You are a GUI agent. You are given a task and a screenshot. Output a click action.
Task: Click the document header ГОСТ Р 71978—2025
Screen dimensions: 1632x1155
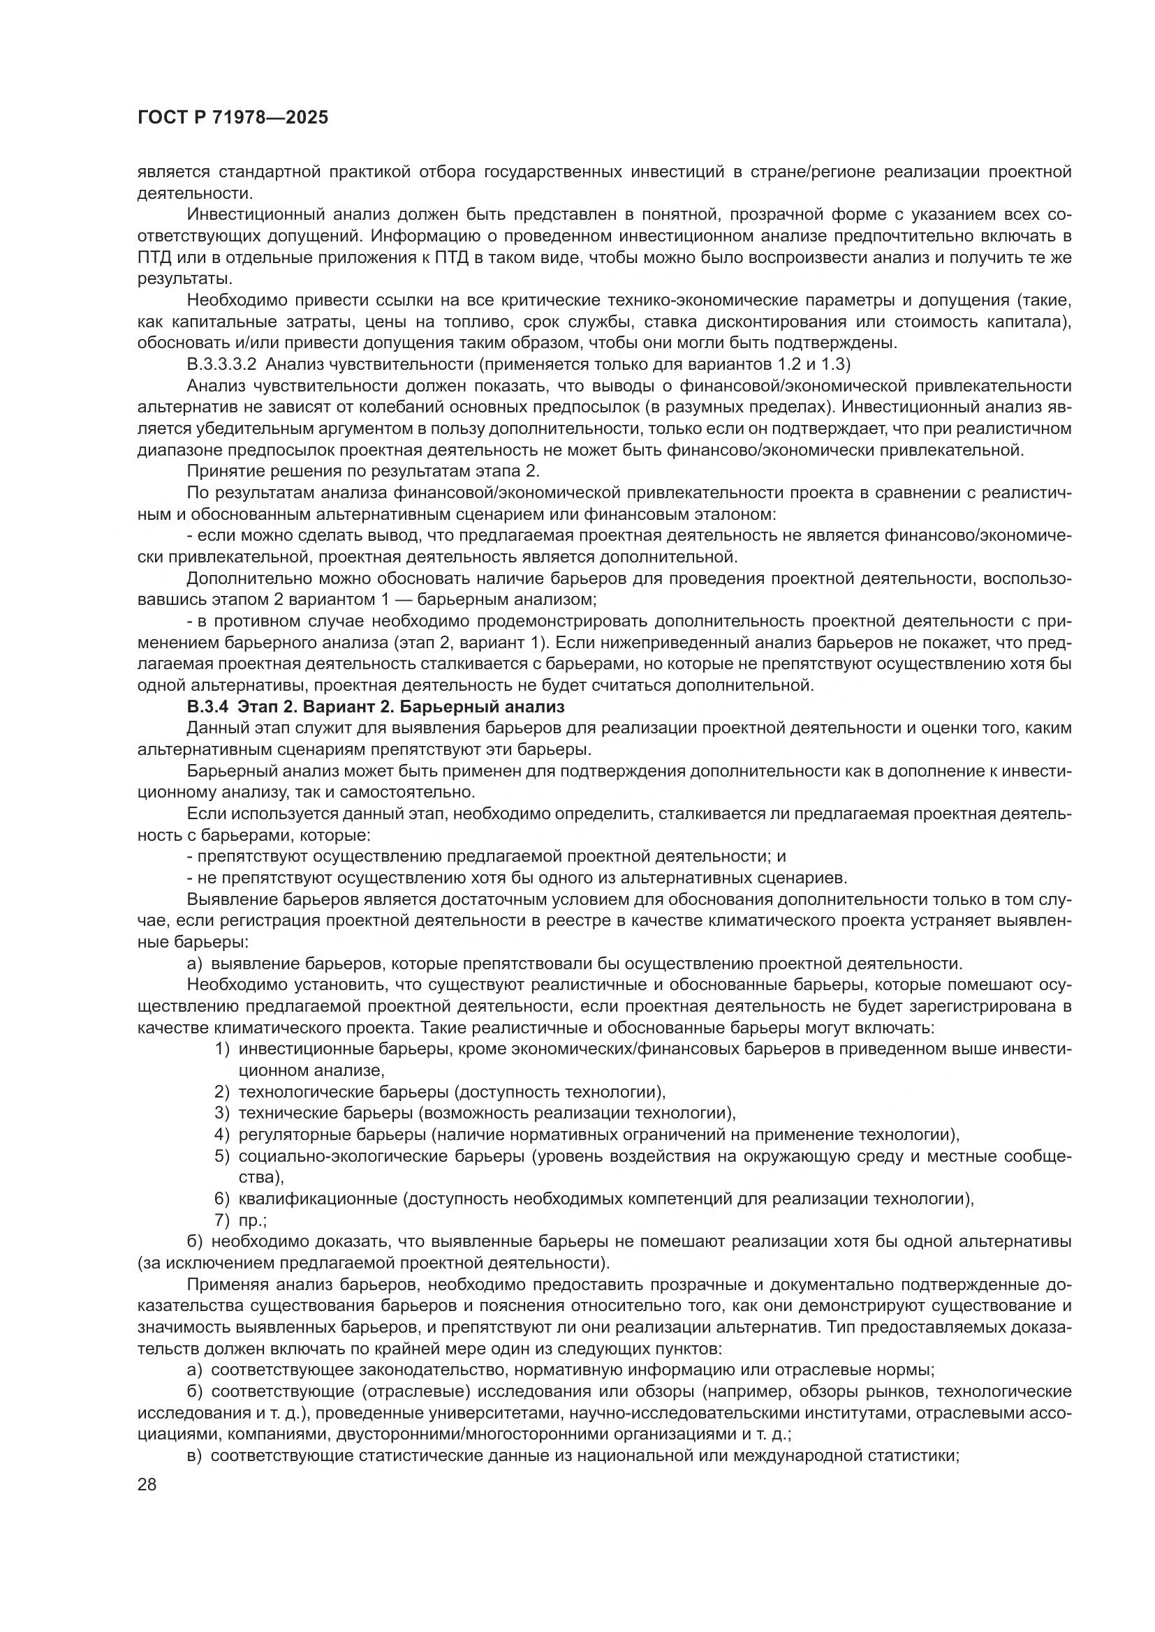tap(233, 118)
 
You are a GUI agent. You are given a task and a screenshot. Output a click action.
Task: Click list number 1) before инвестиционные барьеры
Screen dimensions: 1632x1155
tap(222, 1049)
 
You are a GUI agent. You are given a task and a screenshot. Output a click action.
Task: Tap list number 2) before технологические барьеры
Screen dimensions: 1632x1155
tap(222, 1092)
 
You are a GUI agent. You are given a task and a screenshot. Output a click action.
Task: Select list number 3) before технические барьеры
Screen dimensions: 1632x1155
tap(222, 1112)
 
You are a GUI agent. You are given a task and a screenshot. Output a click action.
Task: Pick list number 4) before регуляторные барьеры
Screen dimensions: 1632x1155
tap(222, 1135)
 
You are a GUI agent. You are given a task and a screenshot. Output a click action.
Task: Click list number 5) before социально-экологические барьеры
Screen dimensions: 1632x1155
tap(222, 1155)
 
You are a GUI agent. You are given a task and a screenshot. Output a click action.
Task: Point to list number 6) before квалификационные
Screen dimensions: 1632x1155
tap(222, 1199)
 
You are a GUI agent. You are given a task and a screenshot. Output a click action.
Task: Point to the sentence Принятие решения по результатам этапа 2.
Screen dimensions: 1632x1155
tap(363, 471)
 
